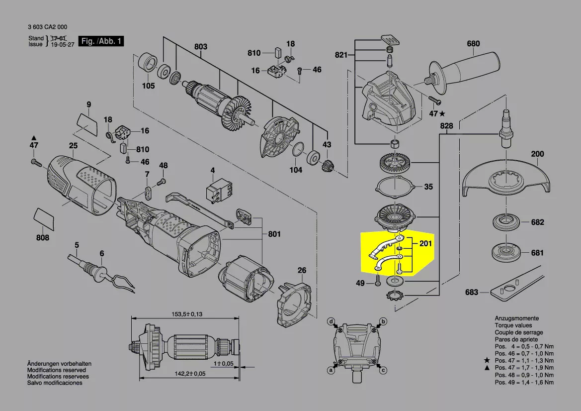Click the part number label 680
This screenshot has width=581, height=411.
(x=473, y=43)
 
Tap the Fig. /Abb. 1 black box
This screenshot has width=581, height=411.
(x=101, y=41)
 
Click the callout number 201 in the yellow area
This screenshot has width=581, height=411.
(x=426, y=243)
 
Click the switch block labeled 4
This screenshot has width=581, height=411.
(x=219, y=191)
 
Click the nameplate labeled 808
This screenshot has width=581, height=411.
(x=44, y=219)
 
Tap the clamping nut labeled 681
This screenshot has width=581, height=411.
(x=506, y=253)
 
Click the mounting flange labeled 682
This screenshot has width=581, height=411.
(x=506, y=222)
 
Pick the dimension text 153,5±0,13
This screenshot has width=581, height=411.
(x=187, y=314)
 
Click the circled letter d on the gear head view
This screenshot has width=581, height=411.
(x=332, y=321)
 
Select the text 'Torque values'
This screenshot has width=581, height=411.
(x=513, y=325)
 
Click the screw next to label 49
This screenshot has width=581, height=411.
(x=378, y=280)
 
